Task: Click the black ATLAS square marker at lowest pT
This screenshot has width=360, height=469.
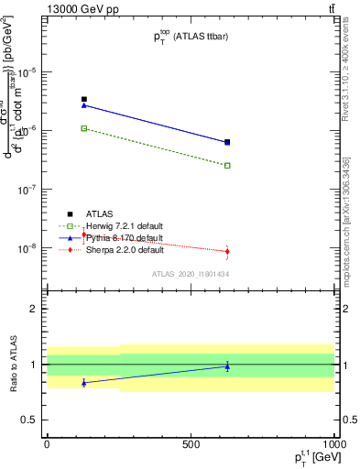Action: point(84,99)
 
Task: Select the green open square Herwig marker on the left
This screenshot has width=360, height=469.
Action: point(84,128)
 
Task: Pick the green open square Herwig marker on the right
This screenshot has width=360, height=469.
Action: point(227,166)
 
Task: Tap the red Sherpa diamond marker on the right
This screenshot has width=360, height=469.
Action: point(227,251)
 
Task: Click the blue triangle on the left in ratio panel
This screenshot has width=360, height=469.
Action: point(84,383)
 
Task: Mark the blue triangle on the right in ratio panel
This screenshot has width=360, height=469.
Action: point(227,366)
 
